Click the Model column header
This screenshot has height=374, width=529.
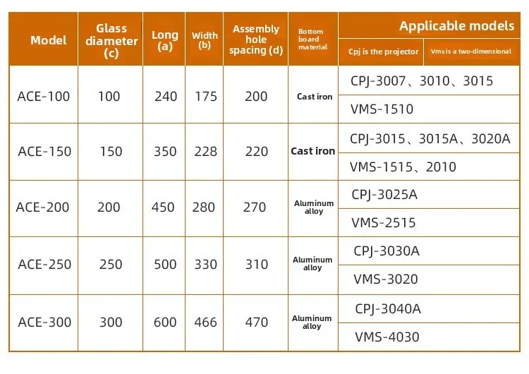click(x=49, y=40)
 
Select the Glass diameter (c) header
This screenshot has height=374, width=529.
click(x=111, y=40)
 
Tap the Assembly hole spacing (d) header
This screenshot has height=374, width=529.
click(x=256, y=40)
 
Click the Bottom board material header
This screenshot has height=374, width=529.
click(x=312, y=40)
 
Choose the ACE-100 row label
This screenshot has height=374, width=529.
click(x=44, y=96)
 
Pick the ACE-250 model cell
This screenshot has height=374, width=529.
click(x=44, y=265)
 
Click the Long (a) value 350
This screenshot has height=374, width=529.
click(x=165, y=152)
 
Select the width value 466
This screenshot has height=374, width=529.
click(x=205, y=322)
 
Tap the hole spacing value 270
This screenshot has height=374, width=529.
click(x=255, y=207)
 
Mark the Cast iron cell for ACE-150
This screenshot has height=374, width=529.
click(x=312, y=151)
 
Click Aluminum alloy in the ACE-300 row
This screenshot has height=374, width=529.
click(x=312, y=322)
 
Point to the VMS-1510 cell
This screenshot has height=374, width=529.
click(x=382, y=109)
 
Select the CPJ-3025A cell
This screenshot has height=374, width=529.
click(x=384, y=194)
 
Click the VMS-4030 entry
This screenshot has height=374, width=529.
click(x=387, y=337)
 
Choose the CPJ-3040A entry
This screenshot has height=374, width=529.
click(x=388, y=308)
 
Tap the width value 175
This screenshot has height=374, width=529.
click(x=205, y=96)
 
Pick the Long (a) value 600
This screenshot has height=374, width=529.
click(x=165, y=322)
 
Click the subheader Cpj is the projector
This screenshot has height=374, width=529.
click(x=383, y=52)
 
